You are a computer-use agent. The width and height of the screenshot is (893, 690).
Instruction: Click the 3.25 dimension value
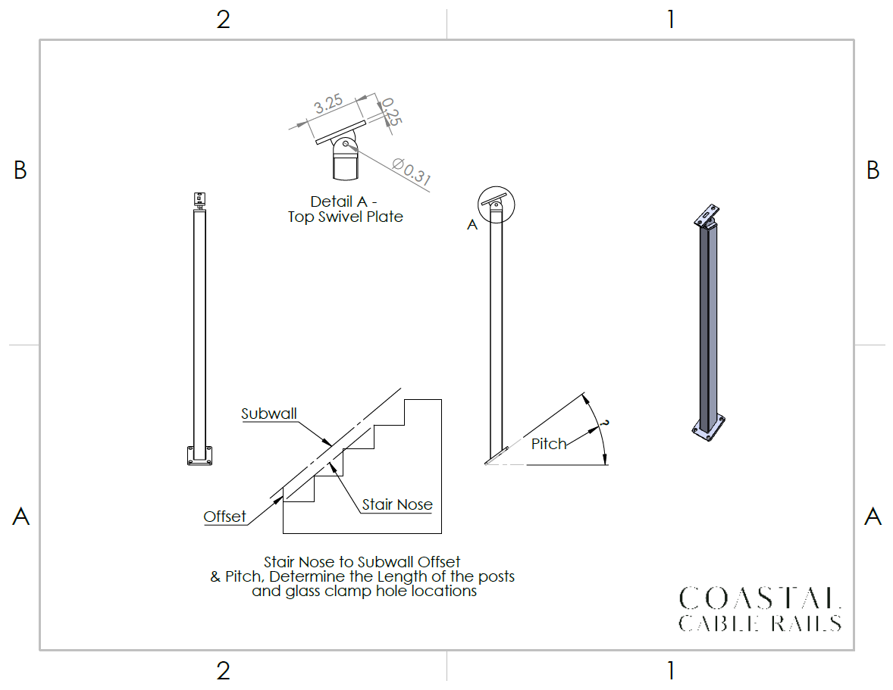[x=328, y=107]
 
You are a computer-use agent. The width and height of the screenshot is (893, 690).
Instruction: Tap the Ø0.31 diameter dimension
[x=412, y=171]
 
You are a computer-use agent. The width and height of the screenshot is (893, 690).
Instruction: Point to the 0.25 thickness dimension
[x=391, y=111]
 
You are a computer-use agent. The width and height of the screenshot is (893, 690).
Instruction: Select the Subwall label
[x=269, y=414]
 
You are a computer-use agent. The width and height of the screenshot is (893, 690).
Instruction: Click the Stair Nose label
[x=397, y=504]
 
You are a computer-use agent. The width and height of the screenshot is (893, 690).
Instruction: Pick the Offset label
[x=224, y=517]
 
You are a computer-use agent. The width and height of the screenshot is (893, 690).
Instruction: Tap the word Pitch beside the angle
[x=549, y=444]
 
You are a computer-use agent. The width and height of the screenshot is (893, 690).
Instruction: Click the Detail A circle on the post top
[x=497, y=204]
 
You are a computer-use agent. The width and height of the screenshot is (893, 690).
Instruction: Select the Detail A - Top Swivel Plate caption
[x=346, y=209]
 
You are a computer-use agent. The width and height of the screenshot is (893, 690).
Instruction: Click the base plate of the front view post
[x=199, y=456]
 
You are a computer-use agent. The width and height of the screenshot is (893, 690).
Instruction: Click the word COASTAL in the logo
[x=760, y=598]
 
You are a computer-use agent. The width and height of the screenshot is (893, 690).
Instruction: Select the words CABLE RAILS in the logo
[x=760, y=623]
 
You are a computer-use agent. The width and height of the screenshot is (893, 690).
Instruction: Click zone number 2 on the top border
[x=223, y=20]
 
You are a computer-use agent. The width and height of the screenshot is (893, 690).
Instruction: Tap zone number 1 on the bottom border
[x=670, y=670]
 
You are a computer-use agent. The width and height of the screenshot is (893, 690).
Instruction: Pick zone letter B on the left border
[x=20, y=170]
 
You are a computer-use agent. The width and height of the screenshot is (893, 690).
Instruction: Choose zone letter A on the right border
[x=873, y=517]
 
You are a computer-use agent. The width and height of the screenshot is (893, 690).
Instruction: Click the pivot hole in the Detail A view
[x=347, y=144]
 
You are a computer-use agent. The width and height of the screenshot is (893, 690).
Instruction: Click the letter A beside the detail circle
[x=472, y=225]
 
